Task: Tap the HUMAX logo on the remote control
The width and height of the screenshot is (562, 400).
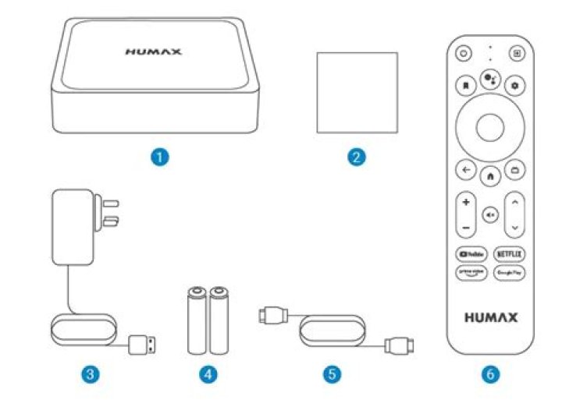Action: click(x=490, y=318)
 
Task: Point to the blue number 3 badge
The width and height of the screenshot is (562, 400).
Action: click(x=91, y=373)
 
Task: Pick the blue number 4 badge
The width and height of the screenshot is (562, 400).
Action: click(x=207, y=373)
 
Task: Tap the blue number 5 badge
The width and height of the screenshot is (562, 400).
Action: click(x=333, y=373)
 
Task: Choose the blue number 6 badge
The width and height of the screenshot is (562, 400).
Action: click(x=490, y=373)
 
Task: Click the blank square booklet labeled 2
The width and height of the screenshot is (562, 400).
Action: click(x=357, y=93)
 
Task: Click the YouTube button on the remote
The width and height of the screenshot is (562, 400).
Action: click(x=471, y=254)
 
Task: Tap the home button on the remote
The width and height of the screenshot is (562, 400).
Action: click(x=490, y=176)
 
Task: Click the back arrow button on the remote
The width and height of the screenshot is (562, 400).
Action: click(x=466, y=169)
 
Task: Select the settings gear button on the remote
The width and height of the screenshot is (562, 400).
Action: click(x=514, y=83)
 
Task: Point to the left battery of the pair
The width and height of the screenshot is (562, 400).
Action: click(x=195, y=320)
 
